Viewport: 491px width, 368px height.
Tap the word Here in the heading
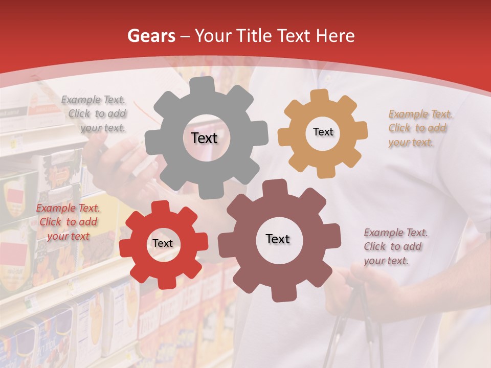(335, 36)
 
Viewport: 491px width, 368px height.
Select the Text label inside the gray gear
(204, 138)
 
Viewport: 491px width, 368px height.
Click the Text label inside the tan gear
(323, 132)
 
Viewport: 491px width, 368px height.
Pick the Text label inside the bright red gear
(163, 243)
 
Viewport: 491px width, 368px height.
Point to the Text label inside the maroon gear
(278, 239)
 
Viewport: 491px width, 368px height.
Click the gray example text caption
(95, 114)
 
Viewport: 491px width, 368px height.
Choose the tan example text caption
(419, 128)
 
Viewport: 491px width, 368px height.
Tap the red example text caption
(68, 222)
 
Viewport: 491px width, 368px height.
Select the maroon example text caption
(395, 246)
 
